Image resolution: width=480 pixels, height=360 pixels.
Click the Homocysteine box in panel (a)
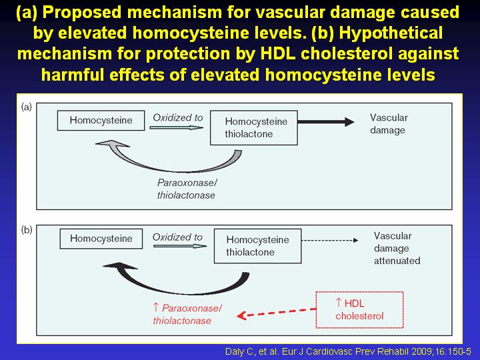click(x=101, y=120)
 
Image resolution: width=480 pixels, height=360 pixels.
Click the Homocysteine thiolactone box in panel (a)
click(x=254, y=127)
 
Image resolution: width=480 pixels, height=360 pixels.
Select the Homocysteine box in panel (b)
click(x=101, y=239)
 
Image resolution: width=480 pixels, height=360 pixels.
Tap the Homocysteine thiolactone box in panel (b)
click(x=257, y=246)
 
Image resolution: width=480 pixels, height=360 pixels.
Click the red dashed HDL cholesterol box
click(x=359, y=310)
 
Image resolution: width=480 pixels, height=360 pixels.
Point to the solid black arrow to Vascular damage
click(x=326, y=122)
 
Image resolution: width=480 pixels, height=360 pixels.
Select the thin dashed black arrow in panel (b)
click(x=330, y=240)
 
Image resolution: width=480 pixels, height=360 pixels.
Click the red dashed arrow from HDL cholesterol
click(x=277, y=313)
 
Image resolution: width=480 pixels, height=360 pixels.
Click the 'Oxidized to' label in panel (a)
click(x=177, y=117)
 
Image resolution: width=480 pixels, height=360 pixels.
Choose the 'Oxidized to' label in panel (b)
click(x=177, y=237)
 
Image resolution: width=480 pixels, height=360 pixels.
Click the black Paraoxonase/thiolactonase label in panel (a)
click(x=187, y=189)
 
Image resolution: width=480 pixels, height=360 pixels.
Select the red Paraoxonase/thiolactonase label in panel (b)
click(x=187, y=314)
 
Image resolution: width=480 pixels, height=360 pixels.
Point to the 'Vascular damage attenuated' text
click(x=397, y=248)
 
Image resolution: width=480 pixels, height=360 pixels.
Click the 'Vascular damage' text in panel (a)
click(x=389, y=124)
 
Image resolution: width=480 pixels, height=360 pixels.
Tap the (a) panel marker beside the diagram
click(x=26, y=107)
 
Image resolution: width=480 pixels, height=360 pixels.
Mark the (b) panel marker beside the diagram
click(x=27, y=229)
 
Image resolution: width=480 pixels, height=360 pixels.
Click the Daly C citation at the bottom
click(x=348, y=351)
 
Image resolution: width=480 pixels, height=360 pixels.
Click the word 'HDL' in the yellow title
click(x=277, y=53)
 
